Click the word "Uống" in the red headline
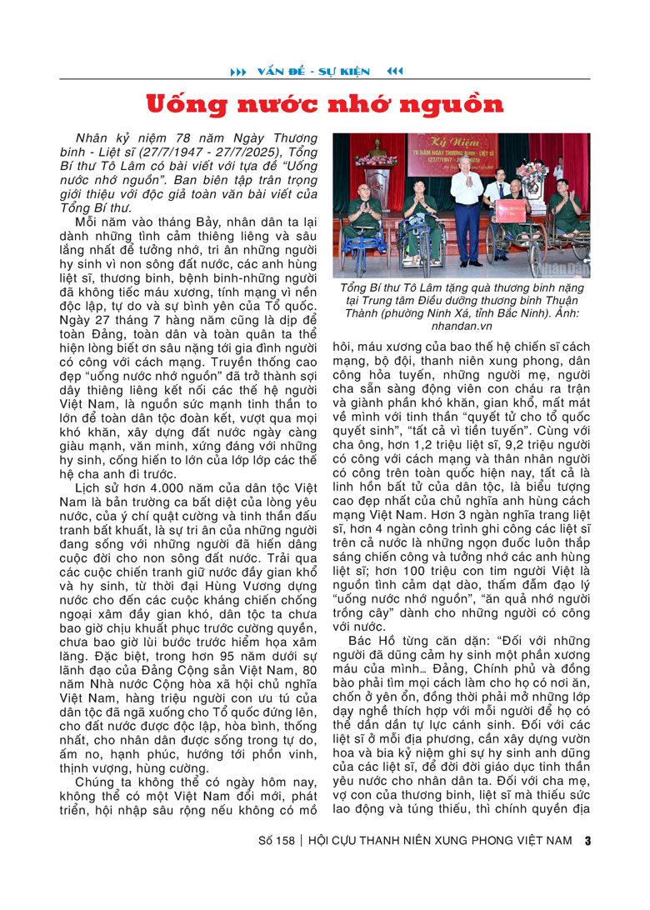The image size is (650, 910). (x=187, y=105)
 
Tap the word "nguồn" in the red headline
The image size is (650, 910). (x=456, y=105)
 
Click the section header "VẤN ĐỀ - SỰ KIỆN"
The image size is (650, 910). (x=315, y=72)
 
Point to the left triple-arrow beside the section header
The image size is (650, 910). (x=238, y=72)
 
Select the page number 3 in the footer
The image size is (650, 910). (x=587, y=840)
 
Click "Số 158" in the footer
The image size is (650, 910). (x=277, y=840)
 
